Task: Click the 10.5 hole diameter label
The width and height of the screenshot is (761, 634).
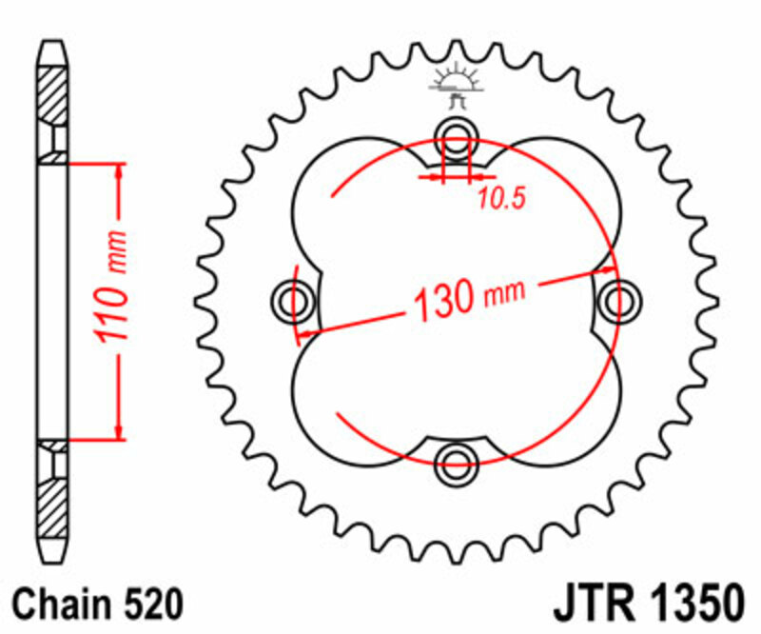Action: coord(501,198)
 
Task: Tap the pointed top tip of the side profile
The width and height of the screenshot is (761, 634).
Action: coord(52,42)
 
